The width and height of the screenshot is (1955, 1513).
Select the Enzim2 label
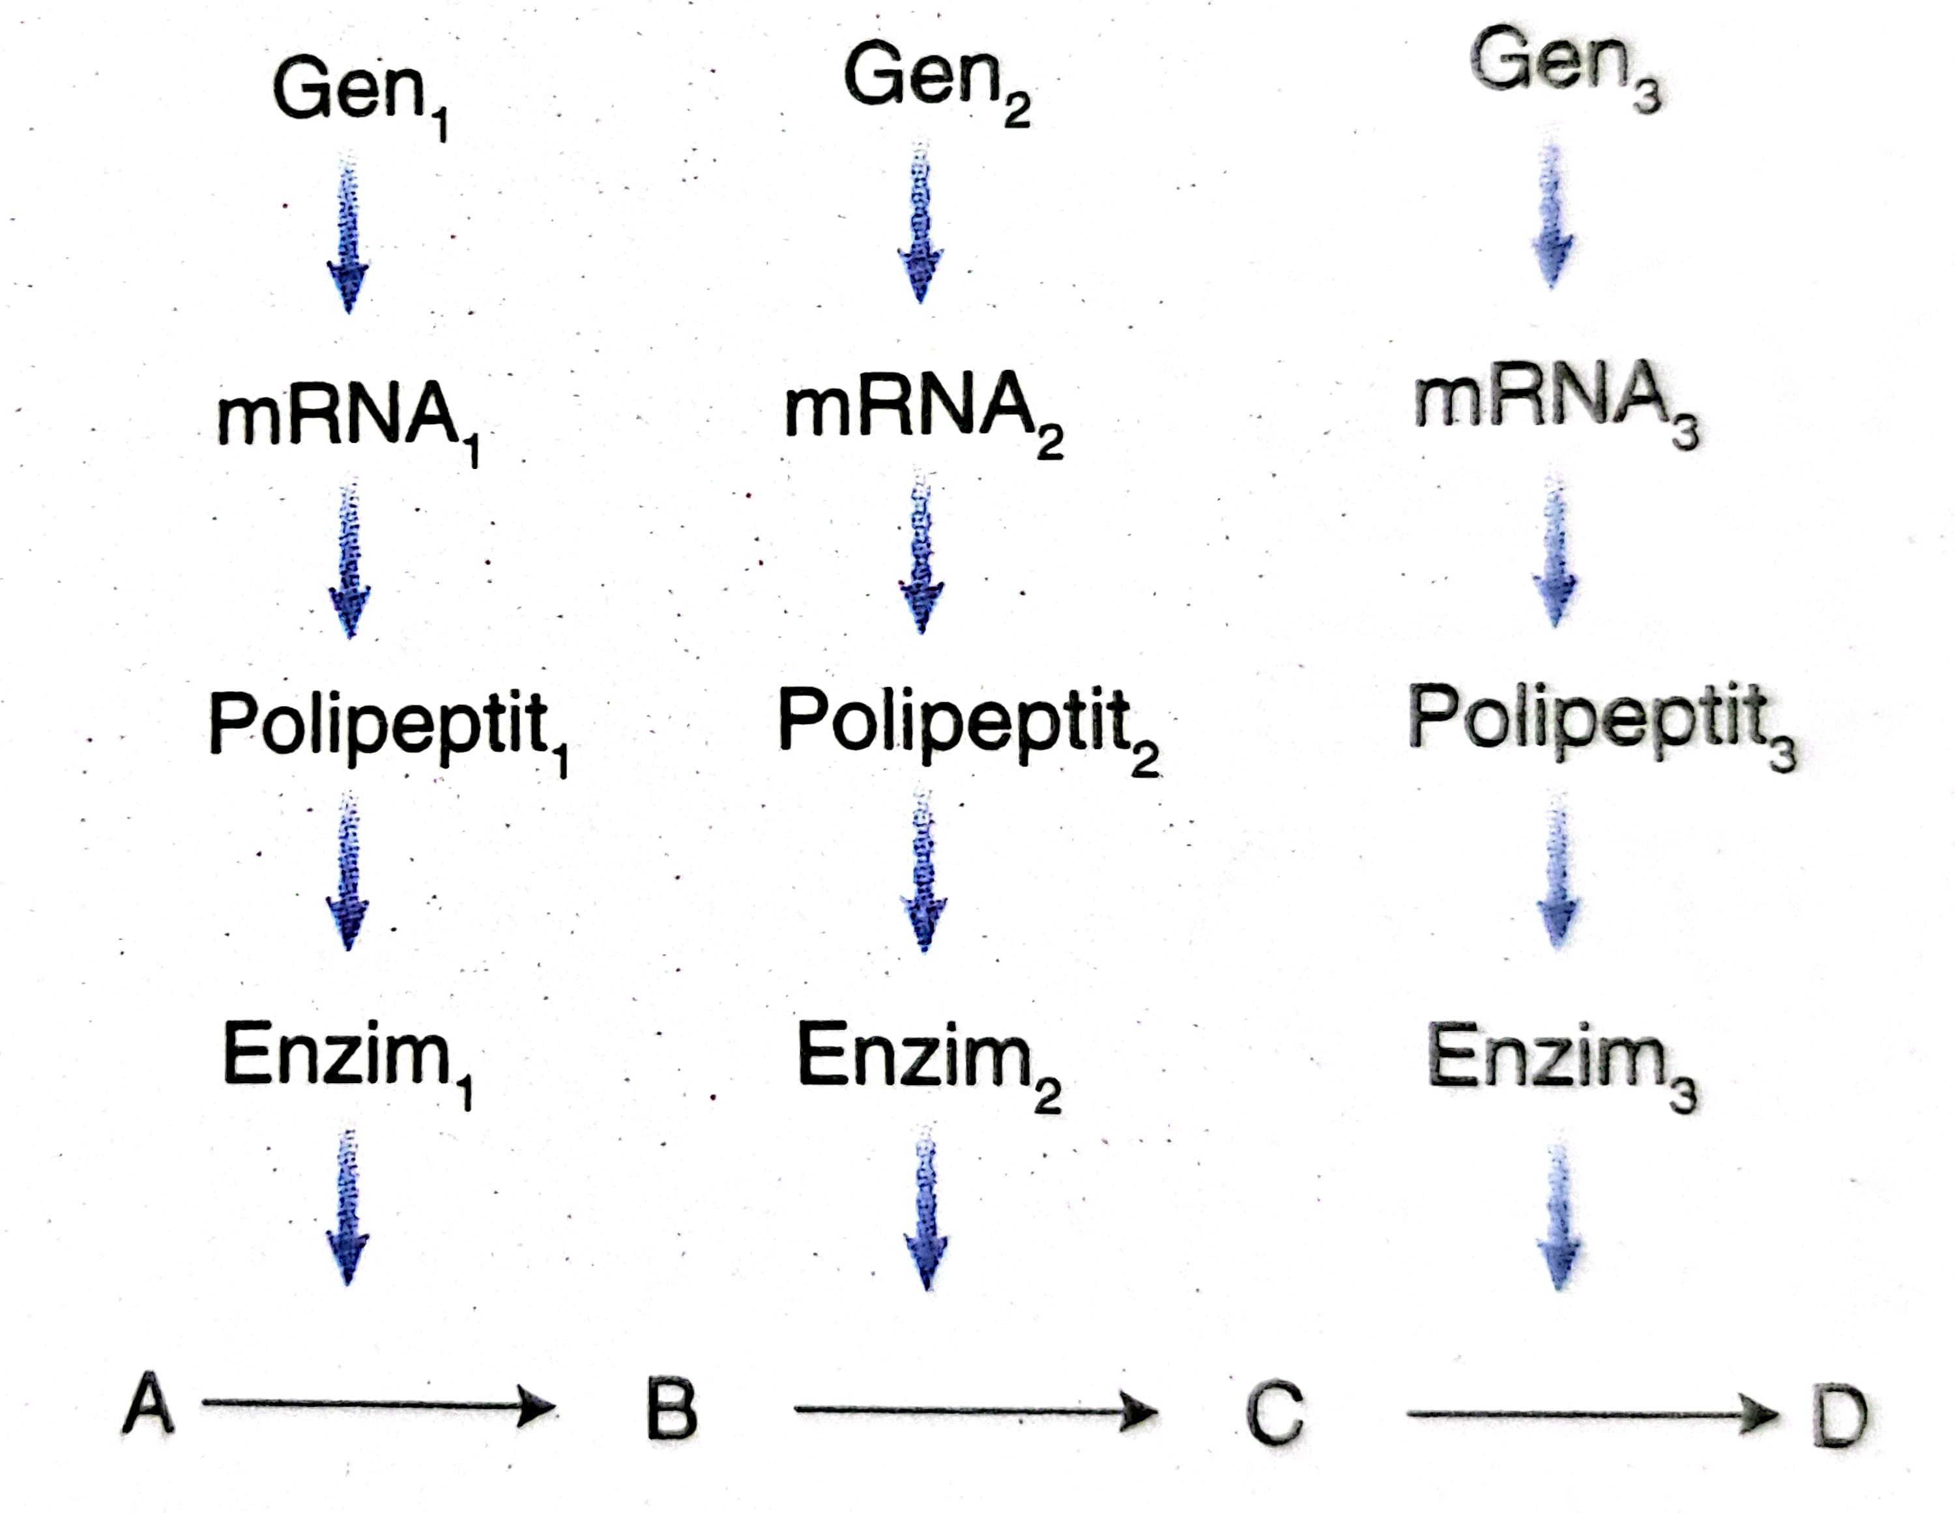click(927, 1060)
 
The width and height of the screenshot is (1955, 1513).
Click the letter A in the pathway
click(149, 1406)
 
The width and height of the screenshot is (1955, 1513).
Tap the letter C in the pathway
click(1275, 1415)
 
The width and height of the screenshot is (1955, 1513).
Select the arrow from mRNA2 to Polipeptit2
click(922, 555)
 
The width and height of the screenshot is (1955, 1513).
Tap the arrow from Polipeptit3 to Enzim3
click(1558, 872)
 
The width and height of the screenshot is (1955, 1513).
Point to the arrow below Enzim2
click(927, 1208)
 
